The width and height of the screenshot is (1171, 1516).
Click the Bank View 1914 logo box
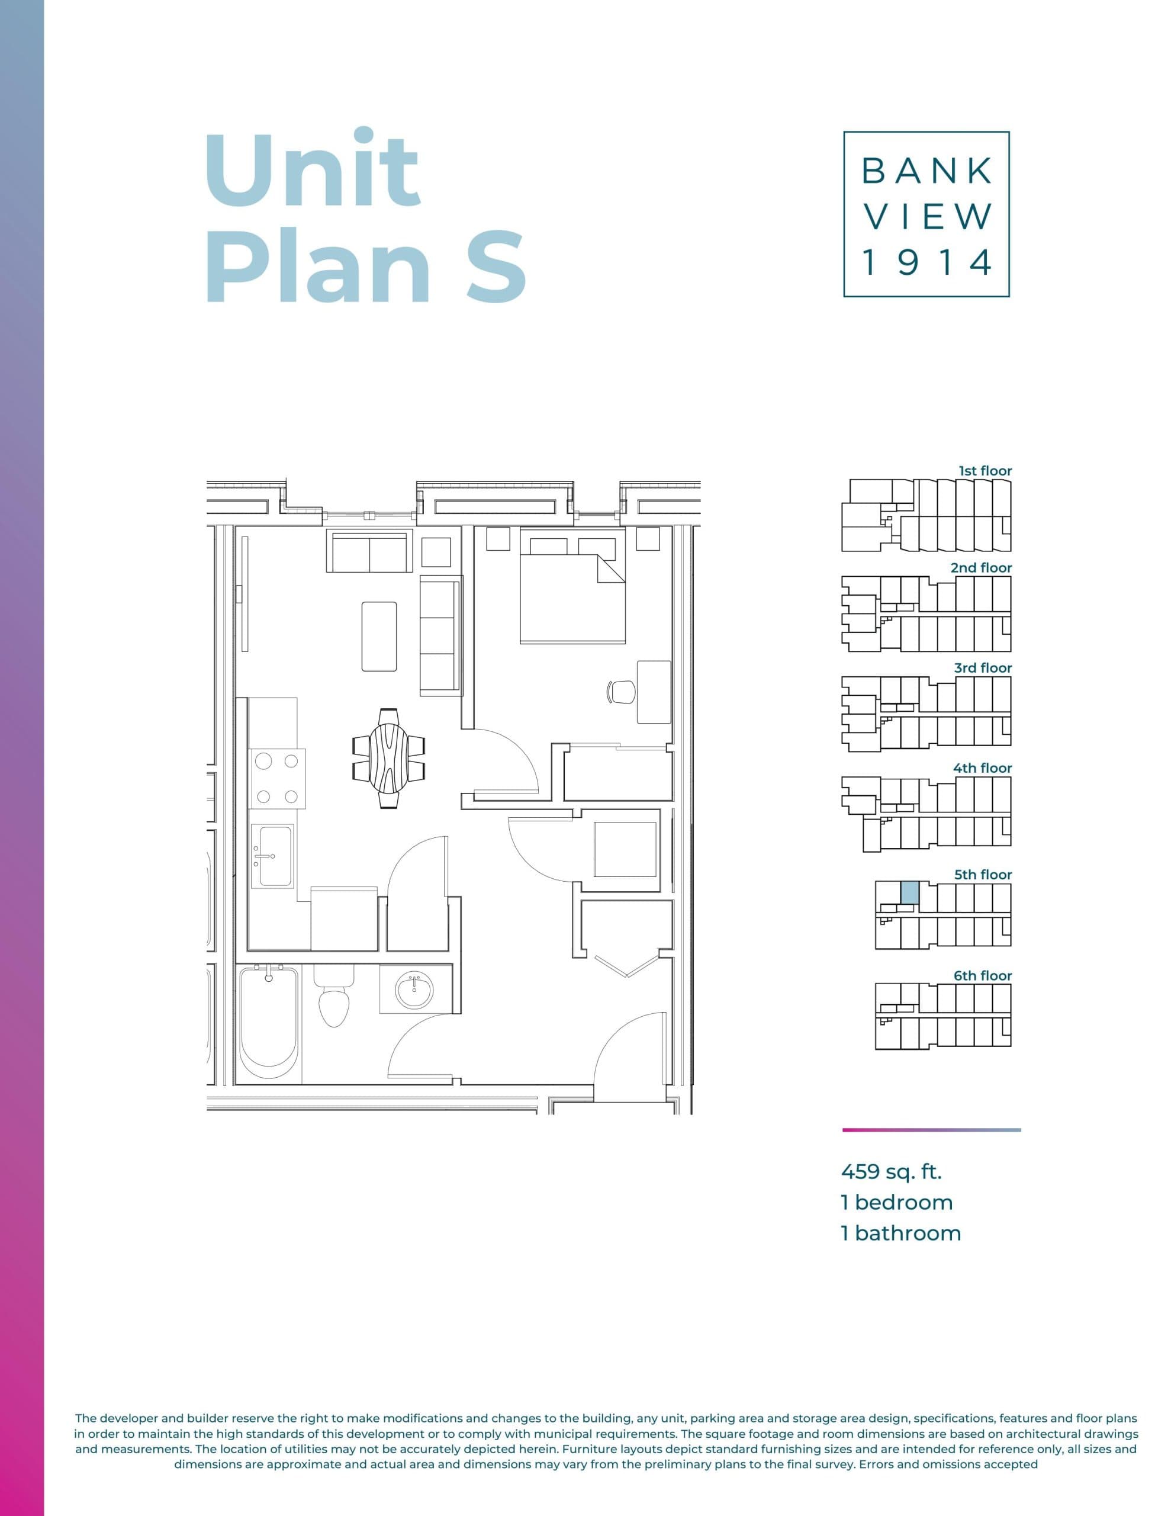[x=925, y=214]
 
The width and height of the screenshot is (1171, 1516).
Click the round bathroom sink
[x=414, y=991]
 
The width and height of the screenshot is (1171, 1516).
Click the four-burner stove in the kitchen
[x=277, y=778]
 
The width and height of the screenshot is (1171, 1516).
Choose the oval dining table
[x=389, y=758]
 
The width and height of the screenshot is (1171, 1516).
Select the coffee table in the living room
[x=379, y=636]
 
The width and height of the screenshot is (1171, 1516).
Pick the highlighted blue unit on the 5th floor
[x=909, y=892]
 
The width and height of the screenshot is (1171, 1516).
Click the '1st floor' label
[x=985, y=471]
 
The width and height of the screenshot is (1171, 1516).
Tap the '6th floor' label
[x=982, y=975]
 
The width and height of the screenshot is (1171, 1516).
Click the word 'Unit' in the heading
[x=313, y=168]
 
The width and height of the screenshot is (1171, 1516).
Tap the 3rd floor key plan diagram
[x=926, y=713]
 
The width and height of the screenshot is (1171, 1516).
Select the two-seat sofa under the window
[x=369, y=551]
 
